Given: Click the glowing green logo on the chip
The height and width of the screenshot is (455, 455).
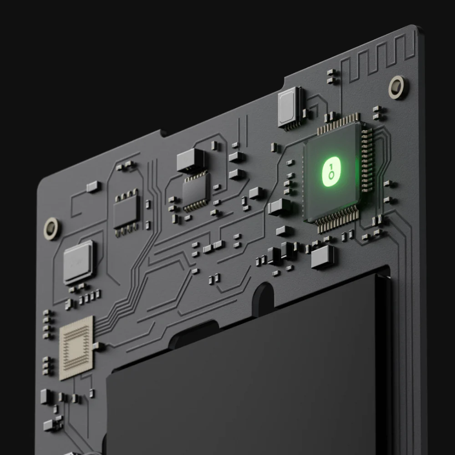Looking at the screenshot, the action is coord(331,172).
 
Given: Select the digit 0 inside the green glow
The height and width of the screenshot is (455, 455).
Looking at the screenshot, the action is coord(331,175).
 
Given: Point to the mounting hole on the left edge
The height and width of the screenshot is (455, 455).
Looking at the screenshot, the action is coord(51,228).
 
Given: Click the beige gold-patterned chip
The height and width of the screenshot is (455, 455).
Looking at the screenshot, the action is coord(76,348).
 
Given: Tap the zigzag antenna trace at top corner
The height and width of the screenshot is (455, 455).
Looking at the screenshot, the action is coord(378,59).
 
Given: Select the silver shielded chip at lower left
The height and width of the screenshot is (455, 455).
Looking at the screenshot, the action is coord(79,263).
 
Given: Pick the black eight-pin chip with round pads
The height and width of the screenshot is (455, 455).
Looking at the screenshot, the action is coord(126,212).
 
